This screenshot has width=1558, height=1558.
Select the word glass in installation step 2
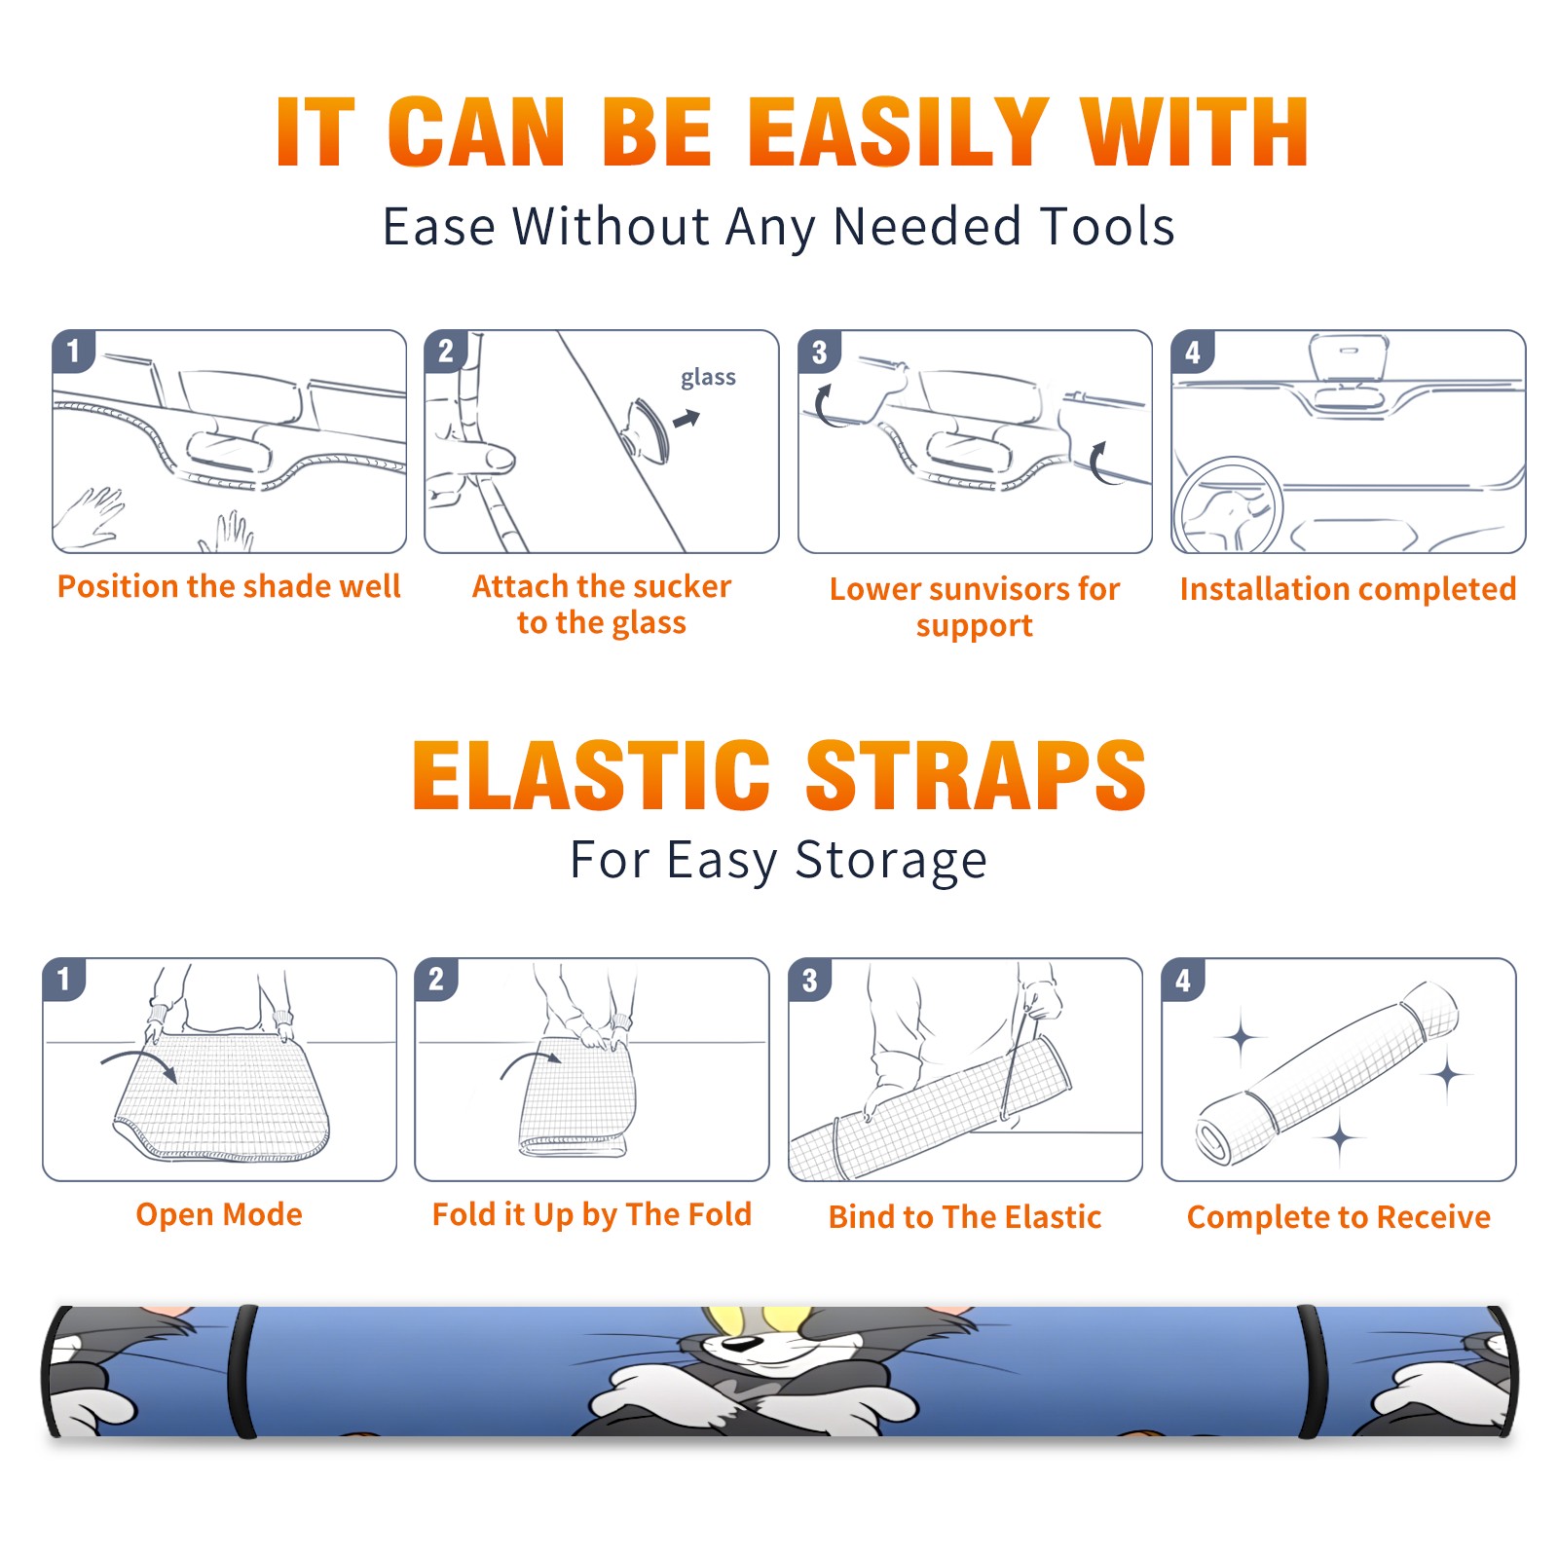708,378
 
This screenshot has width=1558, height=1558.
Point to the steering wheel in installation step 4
1229,506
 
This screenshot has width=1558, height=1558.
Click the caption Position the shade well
229,586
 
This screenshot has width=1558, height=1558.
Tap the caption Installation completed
1348,589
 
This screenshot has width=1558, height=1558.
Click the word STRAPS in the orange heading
976,775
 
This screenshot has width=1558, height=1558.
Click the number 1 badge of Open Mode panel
64,980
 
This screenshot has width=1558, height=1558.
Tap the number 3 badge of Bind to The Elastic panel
810,980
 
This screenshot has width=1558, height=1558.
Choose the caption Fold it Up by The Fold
592,1215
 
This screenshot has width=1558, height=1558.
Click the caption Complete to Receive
1339,1217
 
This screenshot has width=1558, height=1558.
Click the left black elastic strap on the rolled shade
242,1371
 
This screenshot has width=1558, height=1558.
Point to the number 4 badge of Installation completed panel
1193,352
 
